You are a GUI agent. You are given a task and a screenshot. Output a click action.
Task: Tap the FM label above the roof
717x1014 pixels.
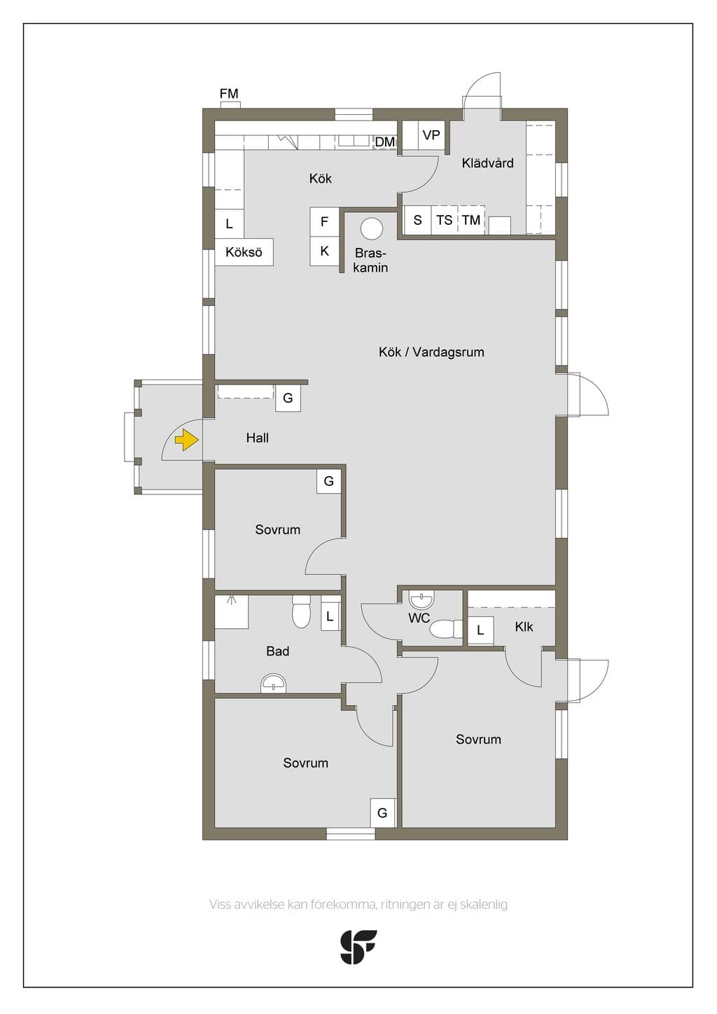coord(229,94)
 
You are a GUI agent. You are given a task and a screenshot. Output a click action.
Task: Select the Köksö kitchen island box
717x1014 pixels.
coord(244,251)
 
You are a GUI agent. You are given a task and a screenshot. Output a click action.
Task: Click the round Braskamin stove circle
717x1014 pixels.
coord(372,228)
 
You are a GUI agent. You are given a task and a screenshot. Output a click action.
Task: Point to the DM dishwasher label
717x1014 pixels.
coord(385,142)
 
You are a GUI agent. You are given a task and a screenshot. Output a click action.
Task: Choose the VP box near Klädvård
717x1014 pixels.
coord(431,135)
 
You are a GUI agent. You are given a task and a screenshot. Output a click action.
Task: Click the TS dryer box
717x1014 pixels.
coord(445,220)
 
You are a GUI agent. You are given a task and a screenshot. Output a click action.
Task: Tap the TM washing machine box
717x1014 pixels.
coord(471,220)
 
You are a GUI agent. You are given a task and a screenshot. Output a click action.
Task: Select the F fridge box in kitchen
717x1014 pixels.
coord(324,222)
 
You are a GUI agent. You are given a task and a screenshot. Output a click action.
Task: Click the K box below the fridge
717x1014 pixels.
coord(324,251)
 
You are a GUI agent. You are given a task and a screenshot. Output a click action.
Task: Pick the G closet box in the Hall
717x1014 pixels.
coord(288,398)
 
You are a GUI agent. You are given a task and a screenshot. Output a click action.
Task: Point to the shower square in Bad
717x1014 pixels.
coord(231,611)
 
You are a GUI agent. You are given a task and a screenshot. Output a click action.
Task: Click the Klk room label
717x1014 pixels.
coord(524,627)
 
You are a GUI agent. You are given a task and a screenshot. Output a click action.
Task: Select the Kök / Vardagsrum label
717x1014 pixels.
coord(431,352)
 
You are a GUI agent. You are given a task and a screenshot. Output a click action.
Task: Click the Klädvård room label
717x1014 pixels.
coord(487,163)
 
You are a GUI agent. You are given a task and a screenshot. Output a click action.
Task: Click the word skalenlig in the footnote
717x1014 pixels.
coord(485,905)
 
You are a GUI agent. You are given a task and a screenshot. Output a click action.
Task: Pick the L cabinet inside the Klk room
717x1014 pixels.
coord(480,630)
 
